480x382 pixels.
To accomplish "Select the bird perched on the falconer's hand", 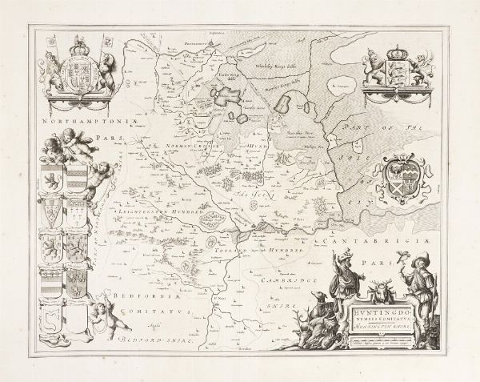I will [x=397, y=259].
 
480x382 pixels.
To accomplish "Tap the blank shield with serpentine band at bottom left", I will [x=54, y=323].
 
